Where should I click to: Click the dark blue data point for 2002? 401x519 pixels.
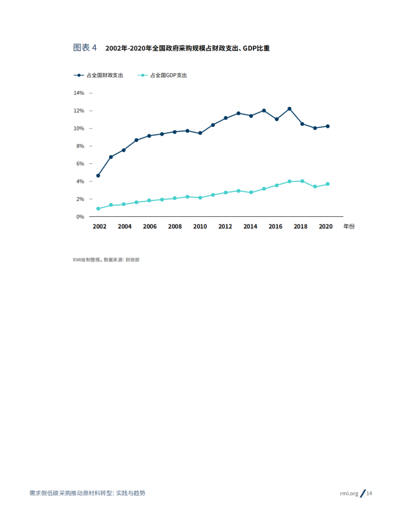click(98, 176)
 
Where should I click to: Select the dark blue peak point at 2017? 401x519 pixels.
click(289, 108)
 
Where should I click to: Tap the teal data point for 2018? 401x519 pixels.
click(302, 181)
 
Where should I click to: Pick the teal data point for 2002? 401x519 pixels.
click(98, 208)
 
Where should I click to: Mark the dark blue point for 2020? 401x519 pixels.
click(328, 127)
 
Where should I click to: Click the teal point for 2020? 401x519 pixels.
click(328, 184)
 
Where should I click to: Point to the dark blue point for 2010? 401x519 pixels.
click(200, 133)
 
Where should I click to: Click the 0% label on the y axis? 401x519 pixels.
click(80, 217)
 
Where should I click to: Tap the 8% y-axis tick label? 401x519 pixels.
click(80, 146)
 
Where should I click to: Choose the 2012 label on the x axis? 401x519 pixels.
click(225, 226)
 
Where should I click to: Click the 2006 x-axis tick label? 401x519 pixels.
click(150, 226)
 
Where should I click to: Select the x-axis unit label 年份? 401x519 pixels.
click(350, 226)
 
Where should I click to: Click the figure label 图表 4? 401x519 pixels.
click(85, 48)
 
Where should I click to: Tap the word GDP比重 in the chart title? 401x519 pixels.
click(256, 49)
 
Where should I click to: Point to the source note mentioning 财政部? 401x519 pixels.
click(131, 260)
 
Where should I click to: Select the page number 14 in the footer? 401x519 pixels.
click(369, 493)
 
